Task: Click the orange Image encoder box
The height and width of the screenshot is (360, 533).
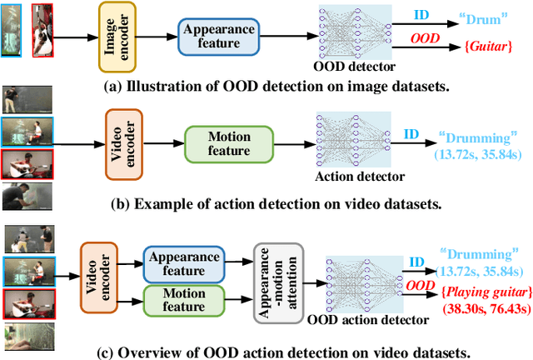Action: (117, 35)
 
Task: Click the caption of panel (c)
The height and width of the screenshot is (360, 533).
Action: (266, 347)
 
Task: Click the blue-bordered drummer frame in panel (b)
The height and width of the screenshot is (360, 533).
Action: (27, 132)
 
